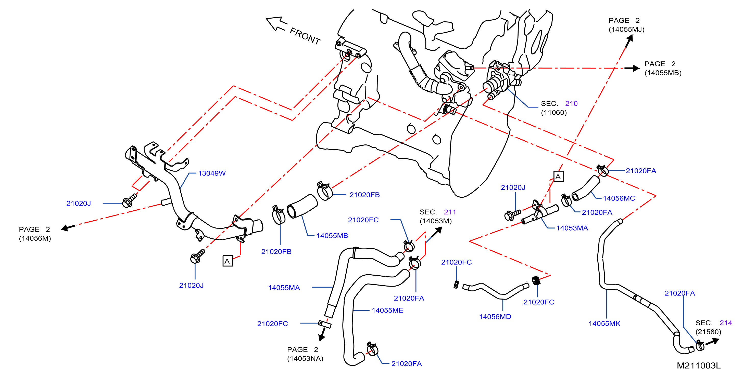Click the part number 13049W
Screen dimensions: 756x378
pos(212,173)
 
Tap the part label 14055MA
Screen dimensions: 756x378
pos(284,288)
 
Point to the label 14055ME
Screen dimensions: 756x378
pos(387,310)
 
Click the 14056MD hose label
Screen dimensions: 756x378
pos(495,317)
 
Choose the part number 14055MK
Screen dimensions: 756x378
pos(604,323)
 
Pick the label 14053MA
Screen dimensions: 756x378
pos(572,228)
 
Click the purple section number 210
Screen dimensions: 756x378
pos(571,104)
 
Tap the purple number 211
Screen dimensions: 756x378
pos(450,212)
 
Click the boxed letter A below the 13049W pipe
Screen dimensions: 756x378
pos(228,261)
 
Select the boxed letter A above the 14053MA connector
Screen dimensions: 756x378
pos(559,177)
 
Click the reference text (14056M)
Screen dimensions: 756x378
pos(35,238)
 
